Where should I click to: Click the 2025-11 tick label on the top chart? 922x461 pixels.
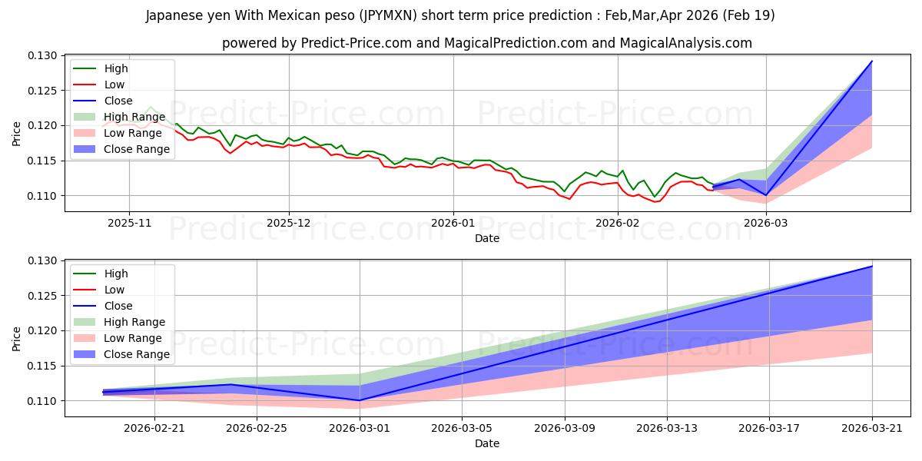[x=129, y=223]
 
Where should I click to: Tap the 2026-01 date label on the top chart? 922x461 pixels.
[x=453, y=223]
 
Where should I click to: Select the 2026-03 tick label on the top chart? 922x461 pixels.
[x=765, y=223]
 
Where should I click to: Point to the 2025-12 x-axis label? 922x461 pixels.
[x=289, y=223]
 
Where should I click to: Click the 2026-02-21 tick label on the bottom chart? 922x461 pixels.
[x=154, y=429]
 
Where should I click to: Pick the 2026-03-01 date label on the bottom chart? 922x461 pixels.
[x=360, y=429]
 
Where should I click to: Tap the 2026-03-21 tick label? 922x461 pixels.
[x=872, y=429]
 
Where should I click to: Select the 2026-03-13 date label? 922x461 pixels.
[x=667, y=429]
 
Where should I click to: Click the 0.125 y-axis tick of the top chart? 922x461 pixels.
[x=41, y=91]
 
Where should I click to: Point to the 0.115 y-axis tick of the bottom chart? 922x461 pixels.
[x=41, y=366]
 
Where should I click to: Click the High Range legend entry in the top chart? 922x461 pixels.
[x=119, y=117]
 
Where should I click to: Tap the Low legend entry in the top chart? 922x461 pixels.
[x=99, y=85]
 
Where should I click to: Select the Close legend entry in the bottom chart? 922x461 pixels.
[x=103, y=306]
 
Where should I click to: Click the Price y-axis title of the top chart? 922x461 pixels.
[x=16, y=134]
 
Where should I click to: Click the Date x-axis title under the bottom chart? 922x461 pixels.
[x=487, y=443]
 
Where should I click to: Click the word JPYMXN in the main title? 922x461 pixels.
[x=387, y=15]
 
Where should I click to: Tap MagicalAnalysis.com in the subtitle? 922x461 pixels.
[x=685, y=43]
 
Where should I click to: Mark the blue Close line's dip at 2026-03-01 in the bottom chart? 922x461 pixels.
[x=360, y=400]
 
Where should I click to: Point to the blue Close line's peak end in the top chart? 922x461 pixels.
[x=872, y=61]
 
